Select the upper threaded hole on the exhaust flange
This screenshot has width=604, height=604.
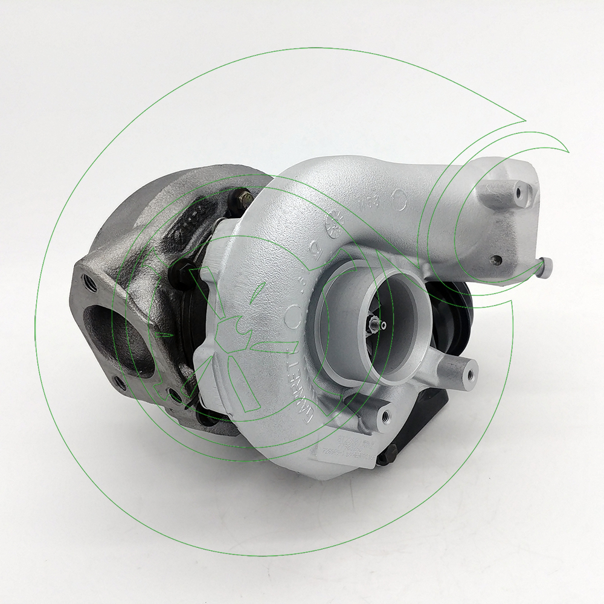(x=89, y=280)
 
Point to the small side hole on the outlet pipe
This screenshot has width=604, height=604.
(x=496, y=260)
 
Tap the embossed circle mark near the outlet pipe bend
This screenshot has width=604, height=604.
(x=399, y=196)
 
